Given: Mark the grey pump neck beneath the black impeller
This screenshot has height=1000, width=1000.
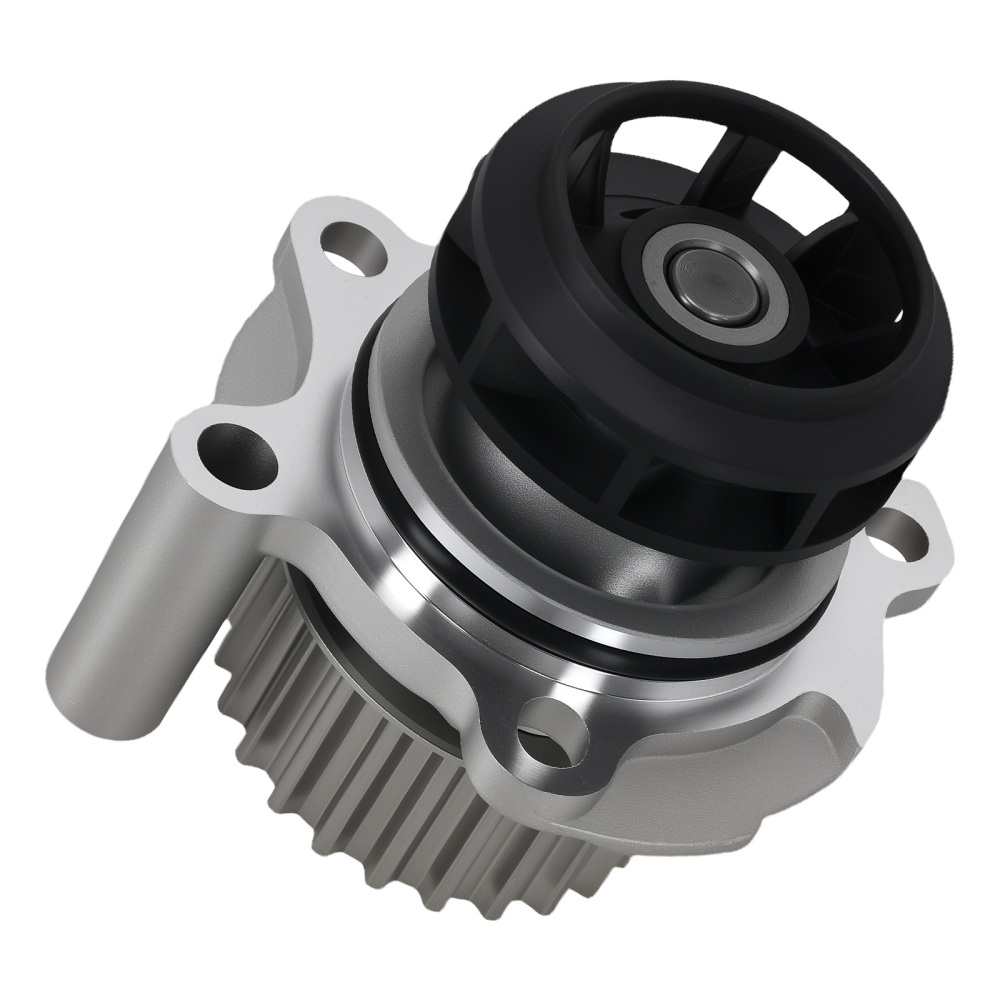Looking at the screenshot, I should (600, 560).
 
